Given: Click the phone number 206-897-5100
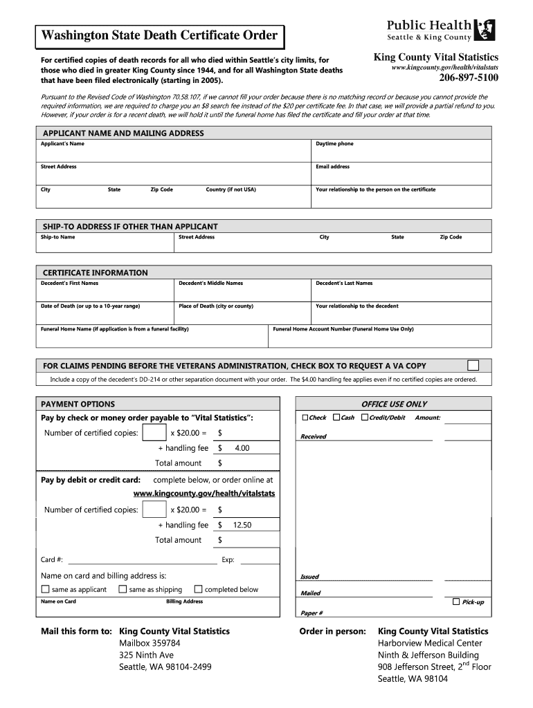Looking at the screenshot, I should tap(468, 78).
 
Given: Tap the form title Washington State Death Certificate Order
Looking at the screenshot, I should tap(160, 35).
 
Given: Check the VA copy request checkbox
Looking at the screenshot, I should tap(473, 365).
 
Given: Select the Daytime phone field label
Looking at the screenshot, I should tap(334, 144).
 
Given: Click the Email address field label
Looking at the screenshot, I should tap(333, 167).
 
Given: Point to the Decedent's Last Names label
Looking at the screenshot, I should tap(344, 283).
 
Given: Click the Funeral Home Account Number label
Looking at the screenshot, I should tap(343, 329).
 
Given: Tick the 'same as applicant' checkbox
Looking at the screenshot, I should tap(46, 590).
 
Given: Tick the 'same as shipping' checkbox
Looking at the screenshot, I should tap(123, 590).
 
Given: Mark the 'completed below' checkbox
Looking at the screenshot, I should tap(199, 590).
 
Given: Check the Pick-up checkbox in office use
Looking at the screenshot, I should tap(455, 602).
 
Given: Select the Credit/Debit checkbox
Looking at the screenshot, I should tap(364, 418).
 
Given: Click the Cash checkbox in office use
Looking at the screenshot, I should tap(336, 418).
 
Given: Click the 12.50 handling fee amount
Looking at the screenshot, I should tap(242, 525).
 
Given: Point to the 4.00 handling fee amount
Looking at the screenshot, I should tap(242, 449).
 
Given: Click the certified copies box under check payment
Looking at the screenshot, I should tap(154, 434).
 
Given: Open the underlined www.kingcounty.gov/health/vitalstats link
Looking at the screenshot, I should tap(204, 494).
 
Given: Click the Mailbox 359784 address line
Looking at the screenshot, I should tap(150, 643).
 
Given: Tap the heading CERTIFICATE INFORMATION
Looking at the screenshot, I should tap(96, 272).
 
